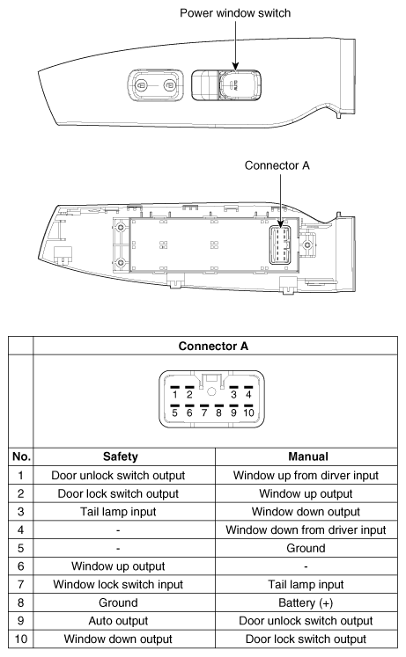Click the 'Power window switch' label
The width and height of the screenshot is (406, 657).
pyautogui.click(x=233, y=14)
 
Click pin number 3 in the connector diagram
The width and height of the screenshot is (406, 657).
pyautogui.click(x=233, y=393)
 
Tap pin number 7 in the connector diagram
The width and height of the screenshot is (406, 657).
pyautogui.click(x=203, y=411)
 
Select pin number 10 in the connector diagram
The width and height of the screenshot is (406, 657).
pyautogui.click(x=249, y=411)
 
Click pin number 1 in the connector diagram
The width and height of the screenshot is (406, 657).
pyautogui.click(x=174, y=393)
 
